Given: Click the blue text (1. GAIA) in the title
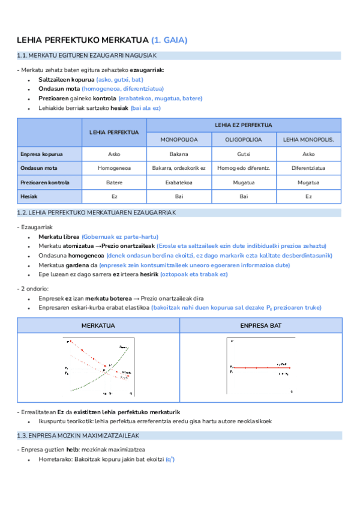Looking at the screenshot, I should coord(170,40).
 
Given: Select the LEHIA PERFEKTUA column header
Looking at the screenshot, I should coord(114,132).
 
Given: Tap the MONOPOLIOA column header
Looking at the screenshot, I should coord(179,139).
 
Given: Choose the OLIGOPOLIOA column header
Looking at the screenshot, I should coord(244,139).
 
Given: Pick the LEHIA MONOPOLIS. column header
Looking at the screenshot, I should coord(308,139).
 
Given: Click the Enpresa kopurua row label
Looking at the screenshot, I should coord(41,154).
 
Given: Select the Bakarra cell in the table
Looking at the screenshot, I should coord(179,154).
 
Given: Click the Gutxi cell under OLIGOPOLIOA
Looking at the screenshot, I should coord(244,154).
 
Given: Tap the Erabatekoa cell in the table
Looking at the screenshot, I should coord(179,182).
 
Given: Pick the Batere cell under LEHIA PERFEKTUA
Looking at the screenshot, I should coord(114,182).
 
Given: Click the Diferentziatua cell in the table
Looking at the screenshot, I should coord(308,168).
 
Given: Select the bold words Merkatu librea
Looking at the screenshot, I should coord(59,237).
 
